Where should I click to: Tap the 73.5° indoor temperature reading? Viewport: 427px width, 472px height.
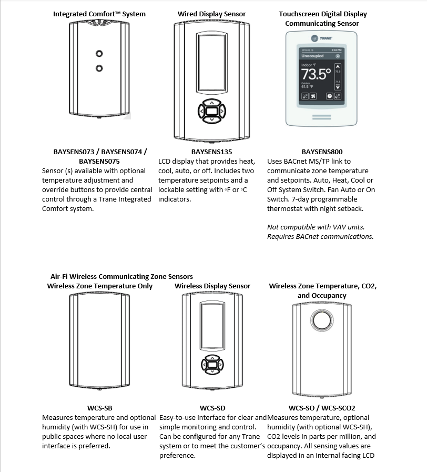point(316,73)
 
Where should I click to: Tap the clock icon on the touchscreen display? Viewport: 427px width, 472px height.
point(329,96)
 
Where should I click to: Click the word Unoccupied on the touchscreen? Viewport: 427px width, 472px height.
point(313,56)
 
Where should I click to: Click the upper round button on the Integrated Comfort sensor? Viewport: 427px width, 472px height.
point(98,54)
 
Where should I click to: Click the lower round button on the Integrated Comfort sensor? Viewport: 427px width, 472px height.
point(98,68)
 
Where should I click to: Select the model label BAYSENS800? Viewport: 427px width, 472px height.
point(322,152)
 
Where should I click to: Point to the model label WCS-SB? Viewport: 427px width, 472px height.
point(99,408)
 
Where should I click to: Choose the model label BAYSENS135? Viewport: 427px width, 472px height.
point(212,152)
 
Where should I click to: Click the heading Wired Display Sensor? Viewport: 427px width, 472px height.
point(211,14)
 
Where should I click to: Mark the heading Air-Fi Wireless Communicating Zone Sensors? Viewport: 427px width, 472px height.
point(121,276)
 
